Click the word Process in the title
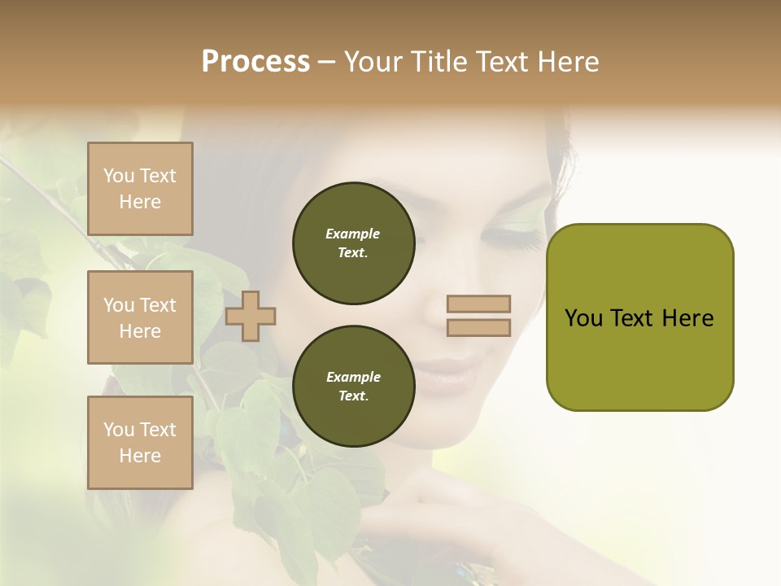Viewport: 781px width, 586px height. click(x=255, y=62)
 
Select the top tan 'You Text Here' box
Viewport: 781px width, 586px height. click(x=140, y=189)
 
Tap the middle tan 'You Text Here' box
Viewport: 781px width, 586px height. click(x=140, y=317)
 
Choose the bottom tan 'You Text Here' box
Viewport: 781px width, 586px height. click(x=140, y=443)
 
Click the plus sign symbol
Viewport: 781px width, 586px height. click(x=251, y=316)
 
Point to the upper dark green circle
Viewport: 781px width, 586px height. click(x=353, y=243)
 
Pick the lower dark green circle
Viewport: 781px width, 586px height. click(x=353, y=387)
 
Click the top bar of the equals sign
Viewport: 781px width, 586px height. click(x=479, y=304)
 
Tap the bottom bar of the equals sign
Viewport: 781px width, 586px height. click(x=479, y=328)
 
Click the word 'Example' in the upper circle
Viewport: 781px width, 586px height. click(x=353, y=234)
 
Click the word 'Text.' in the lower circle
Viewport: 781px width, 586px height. click(x=353, y=396)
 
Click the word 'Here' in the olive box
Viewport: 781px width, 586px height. click(x=687, y=318)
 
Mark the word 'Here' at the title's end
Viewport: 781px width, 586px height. click(x=567, y=62)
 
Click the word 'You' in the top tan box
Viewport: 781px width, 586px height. click(x=119, y=176)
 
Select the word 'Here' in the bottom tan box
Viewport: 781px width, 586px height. click(x=140, y=456)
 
